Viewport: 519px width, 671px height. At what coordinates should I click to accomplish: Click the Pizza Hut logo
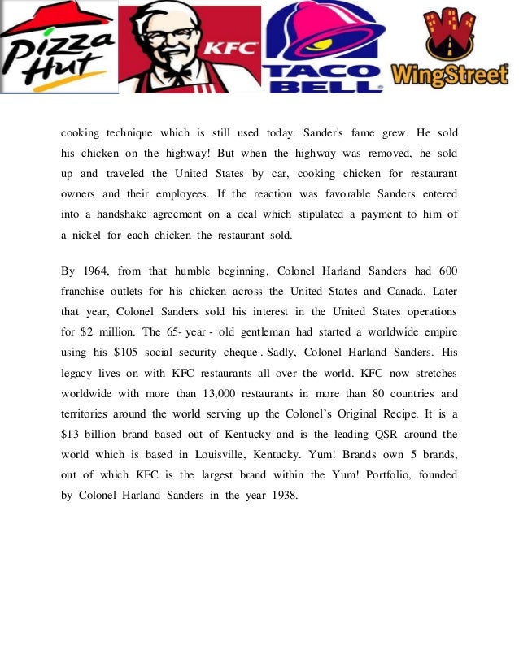(x=58, y=47)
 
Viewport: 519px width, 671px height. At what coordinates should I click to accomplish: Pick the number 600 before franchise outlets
(x=447, y=271)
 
